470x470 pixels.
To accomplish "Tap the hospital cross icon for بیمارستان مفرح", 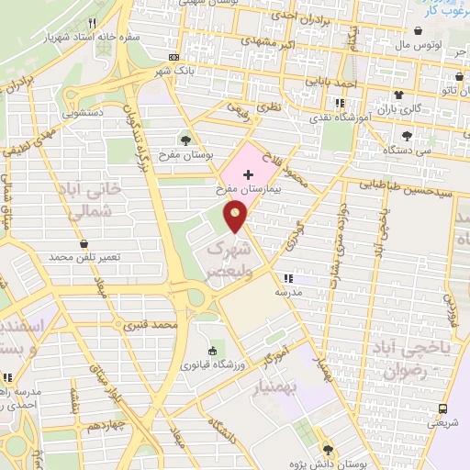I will coord(249,173).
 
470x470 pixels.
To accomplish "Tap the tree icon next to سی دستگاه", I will coord(406,137).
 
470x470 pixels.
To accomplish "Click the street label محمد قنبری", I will coord(151,325).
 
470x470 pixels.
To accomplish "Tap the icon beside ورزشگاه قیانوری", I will coord(212,350).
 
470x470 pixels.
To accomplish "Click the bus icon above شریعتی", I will coord(443,408).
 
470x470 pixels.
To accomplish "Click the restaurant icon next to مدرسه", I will coord(287,277).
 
